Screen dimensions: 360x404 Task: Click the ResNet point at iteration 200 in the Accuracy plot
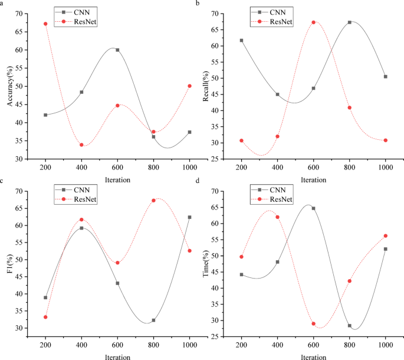pos(45,24)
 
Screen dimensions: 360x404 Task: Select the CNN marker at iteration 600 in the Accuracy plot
pos(117,50)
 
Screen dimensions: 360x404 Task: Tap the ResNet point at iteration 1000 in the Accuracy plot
pos(189,86)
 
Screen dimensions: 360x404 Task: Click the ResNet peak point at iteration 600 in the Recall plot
pos(314,22)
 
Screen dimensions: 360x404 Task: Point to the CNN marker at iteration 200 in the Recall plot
pos(241,41)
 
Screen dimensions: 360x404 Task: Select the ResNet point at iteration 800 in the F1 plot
pos(153,201)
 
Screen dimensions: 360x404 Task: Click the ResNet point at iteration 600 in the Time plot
pos(314,324)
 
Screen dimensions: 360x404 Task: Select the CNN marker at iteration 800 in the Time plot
pos(350,326)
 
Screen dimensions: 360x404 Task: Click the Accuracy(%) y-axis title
pos(10,86)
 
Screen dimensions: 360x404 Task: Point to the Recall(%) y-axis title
pos(206,86)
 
